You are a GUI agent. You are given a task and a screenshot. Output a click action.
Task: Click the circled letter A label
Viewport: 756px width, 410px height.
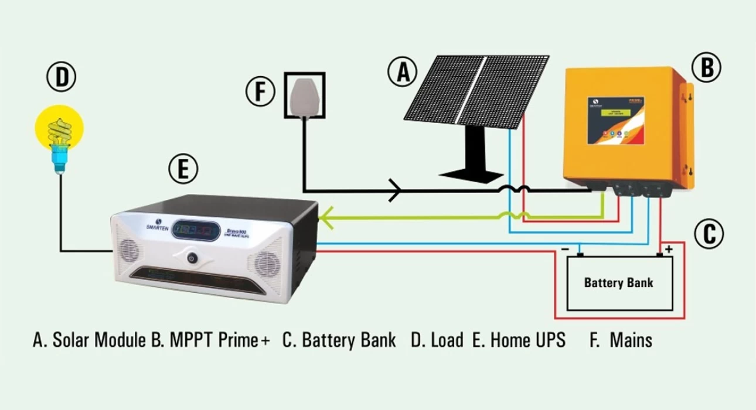[402, 73]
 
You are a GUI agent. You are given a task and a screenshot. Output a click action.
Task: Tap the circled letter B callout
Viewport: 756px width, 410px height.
[707, 67]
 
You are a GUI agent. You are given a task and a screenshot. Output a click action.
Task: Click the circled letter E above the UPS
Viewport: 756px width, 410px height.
[183, 169]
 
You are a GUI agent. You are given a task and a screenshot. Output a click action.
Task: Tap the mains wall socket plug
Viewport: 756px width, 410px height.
[304, 95]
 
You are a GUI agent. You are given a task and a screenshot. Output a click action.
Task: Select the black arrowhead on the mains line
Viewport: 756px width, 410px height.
[396, 190]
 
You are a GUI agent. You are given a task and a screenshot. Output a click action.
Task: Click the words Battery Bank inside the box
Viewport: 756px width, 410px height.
[618, 283]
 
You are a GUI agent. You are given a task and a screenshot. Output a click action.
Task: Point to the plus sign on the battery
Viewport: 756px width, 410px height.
[668, 249]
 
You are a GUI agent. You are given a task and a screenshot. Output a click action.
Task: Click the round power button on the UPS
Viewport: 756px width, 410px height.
[191, 257]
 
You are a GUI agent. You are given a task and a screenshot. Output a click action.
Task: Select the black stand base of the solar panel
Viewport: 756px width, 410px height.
[471, 173]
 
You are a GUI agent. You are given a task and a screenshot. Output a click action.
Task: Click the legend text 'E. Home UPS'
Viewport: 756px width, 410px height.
[519, 340]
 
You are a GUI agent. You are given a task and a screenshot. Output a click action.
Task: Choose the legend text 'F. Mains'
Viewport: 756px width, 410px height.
[621, 340]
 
